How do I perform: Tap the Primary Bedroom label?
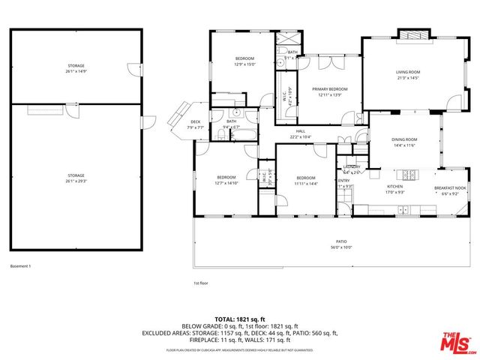(329, 88)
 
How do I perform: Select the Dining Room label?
(404, 139)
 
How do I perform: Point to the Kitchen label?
(394, 186)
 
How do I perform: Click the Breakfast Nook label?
(450, 188)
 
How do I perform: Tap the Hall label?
(299, 130)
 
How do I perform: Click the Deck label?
(195, 121)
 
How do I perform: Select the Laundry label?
(352, 166)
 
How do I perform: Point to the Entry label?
(344, 180)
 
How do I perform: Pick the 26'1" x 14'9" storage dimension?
(76, 72)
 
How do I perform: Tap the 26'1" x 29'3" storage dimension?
(76, 180)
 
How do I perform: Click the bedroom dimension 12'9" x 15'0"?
(245, 64)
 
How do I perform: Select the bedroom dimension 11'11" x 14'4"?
(305, 183)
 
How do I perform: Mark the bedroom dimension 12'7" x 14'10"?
(226, 183)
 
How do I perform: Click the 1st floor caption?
(200, 283)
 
